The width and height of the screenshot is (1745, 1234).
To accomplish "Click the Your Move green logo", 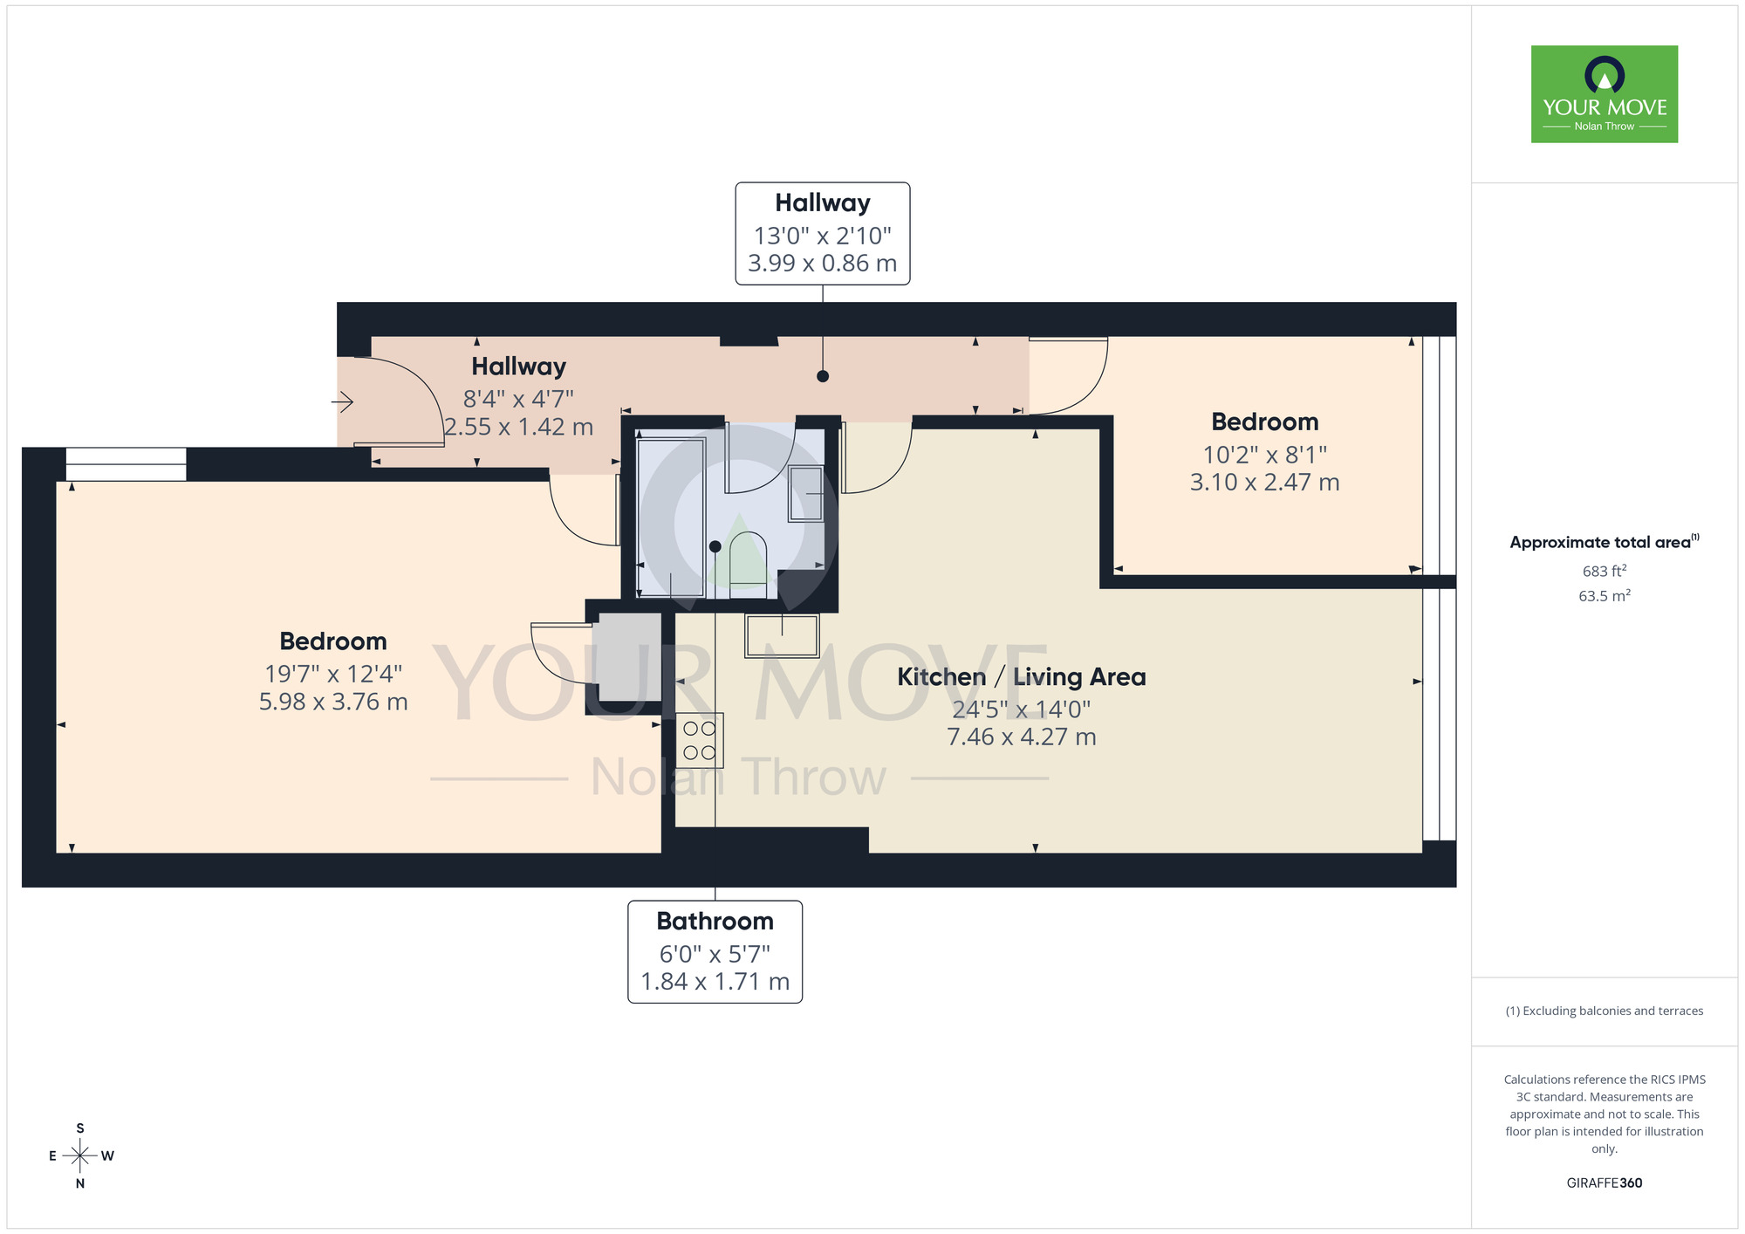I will point(1604,94).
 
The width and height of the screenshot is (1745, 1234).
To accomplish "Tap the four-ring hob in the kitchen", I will point(699,740).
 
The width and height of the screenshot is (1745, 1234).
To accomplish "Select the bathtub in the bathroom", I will point(670,518).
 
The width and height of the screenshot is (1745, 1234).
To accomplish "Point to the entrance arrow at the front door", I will point(342,401).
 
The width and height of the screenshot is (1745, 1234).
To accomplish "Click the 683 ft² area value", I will point(1604,572).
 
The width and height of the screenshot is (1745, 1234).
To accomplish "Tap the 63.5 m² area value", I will point(1604,596).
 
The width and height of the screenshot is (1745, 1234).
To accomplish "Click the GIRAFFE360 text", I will point(1604,1183).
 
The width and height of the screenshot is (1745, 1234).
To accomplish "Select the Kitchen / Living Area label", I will point(1021,677).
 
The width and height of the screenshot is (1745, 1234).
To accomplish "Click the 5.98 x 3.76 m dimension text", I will point(333,702).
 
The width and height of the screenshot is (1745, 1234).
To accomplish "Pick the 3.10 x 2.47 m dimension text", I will point(1264,482).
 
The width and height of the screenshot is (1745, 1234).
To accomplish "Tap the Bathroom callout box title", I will point(715,922).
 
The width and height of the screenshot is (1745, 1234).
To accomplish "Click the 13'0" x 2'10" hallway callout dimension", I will point(822,236).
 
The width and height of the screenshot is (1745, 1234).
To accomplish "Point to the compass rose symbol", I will point(80,1156).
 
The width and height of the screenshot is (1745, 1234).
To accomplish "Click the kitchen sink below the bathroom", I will point(782,635).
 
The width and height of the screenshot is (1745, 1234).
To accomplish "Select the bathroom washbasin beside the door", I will point(805,493).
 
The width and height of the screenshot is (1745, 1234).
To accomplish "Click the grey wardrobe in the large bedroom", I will point(628,657).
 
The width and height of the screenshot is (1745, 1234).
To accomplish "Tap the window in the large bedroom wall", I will point(126,464).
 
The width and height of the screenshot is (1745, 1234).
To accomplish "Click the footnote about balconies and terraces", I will point(1604,1011).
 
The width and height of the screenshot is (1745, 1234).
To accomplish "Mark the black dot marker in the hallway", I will point(822,376).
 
